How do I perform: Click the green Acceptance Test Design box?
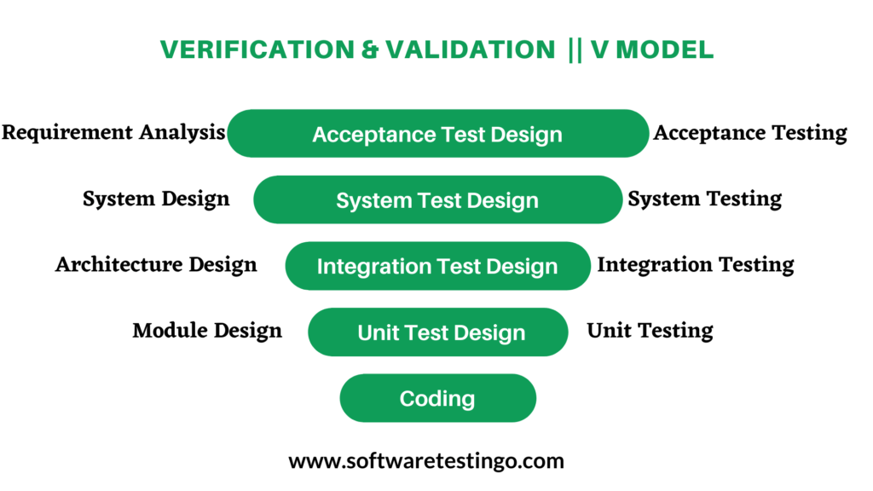tap(437, 134)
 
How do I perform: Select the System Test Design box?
tap(437, 200)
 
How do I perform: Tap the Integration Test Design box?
tap(437, 266)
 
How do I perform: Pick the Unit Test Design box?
tap(437, 332)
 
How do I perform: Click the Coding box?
tap(437, 398)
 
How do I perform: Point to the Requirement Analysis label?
tap(113, 133)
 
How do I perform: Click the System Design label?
tap(156, 199)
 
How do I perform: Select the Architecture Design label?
tap(156, 265)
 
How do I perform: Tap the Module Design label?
tap(207, 331)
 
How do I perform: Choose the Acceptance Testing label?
tap(750, 133)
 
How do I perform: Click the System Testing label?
tap(705, 199)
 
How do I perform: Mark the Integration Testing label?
tap(696, 265)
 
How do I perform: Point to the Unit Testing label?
tap(650, 331)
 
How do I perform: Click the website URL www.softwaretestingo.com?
tap(426, 461)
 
